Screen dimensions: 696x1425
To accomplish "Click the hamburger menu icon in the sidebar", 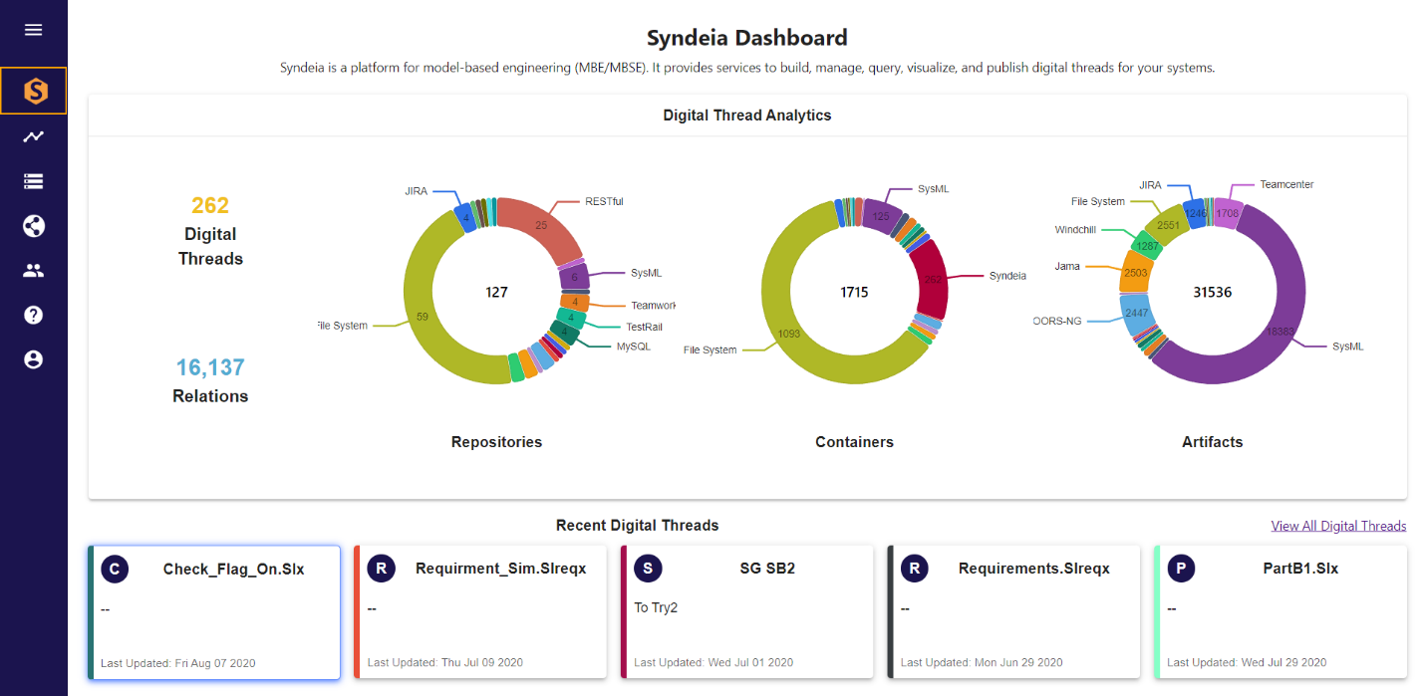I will tap(34, 30).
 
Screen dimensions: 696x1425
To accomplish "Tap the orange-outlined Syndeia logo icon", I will tap(34, 92).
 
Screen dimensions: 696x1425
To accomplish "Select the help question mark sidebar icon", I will tap(34, 315).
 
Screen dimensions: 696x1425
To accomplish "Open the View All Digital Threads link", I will tap(1338, 526).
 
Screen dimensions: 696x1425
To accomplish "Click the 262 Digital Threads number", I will tap(210, 206).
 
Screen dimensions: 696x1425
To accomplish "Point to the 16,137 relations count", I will tap(210, 367).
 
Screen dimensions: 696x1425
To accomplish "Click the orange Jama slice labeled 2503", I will tap(1135, 273).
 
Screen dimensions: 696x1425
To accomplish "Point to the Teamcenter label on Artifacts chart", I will tap(1286, 185).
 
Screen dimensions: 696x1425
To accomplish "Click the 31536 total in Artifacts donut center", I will tap(1212, 293).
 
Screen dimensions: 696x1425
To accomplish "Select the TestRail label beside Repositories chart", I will tap(644, 327).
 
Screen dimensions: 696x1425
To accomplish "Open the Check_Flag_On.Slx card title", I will tap(233, 570).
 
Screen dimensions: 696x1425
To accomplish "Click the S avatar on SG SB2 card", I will tap(648, 570).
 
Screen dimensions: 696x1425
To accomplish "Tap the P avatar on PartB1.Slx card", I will tap(1181, 570).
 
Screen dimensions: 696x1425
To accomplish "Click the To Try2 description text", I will tap(656, 607).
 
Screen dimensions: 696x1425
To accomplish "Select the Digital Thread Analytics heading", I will tap(746, 116).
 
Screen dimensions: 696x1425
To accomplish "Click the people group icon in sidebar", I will tap(34, 270).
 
